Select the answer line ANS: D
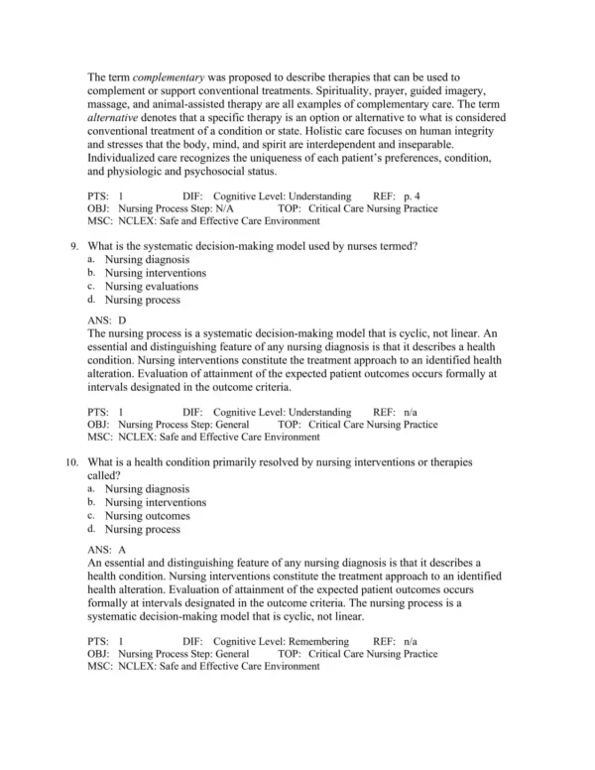107,321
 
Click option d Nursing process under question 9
143,299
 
